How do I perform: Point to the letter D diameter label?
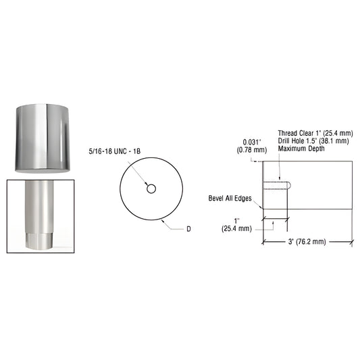(189, 230)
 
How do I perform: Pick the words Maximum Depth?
(299, 149)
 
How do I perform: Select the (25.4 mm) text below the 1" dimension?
(236, 228)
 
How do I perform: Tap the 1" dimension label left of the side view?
(236, 221)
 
